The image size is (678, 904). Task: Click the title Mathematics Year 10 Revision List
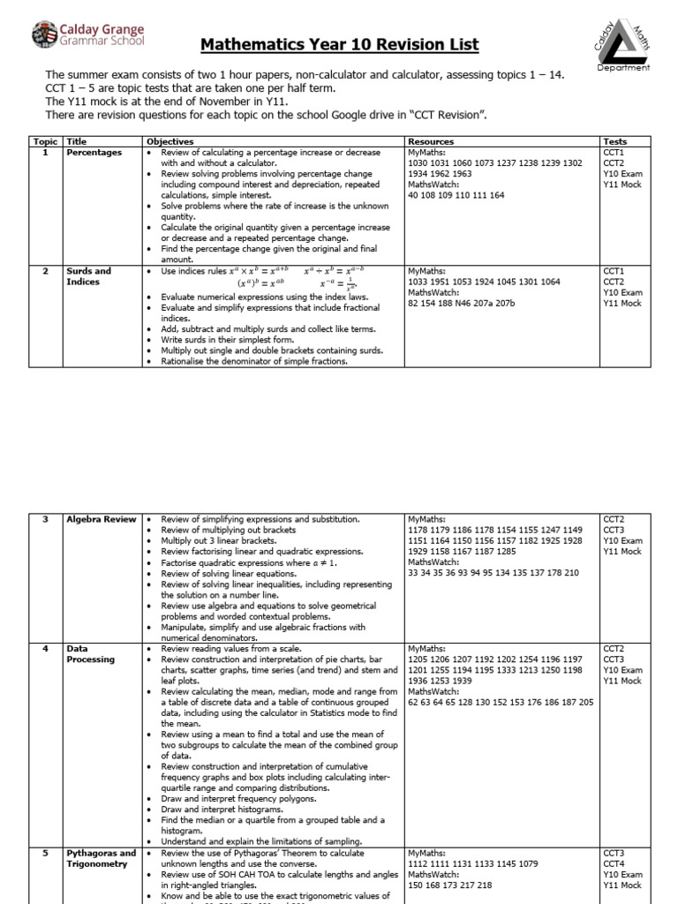click(x=340, y=44)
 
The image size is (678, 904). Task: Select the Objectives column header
click(x=169, y=141)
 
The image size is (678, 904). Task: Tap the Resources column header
click(x=431, y=141)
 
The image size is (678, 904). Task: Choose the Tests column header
click(x=614, y=141)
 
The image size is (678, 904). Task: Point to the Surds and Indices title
click(x=89, y=276)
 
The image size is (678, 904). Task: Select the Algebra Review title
click(x=102, y=519)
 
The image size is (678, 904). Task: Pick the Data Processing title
click(x=90, y=654)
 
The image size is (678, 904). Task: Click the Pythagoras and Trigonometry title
click(x=102, y=858)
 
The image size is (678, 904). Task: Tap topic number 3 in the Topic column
click(x=45, y=519)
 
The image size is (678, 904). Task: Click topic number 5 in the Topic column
click(x=45, y=854)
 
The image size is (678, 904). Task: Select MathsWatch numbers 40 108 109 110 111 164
click(x=456, y=195)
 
